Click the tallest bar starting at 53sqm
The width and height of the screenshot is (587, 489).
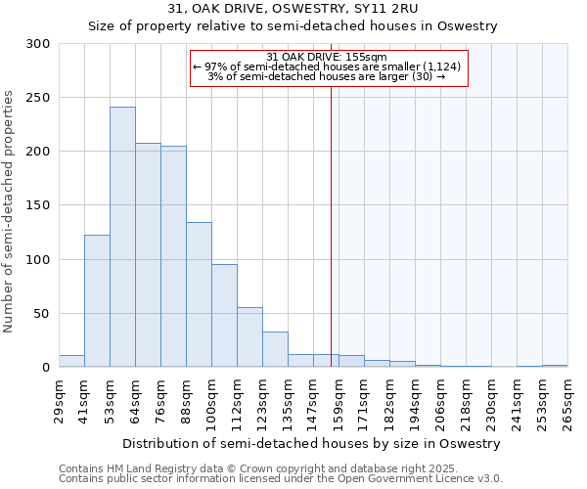(122, 237)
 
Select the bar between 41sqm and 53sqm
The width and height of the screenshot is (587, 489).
(97, 301)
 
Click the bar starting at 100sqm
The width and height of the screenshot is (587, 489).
(224, 316)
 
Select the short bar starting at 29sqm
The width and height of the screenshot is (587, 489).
(71, 361)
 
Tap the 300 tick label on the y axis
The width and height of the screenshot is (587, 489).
(38, 44)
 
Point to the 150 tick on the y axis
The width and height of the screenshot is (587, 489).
(38, 205)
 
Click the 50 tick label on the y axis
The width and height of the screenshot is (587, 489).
(41, 314)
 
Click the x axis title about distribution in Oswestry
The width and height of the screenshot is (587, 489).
(312, 443)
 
